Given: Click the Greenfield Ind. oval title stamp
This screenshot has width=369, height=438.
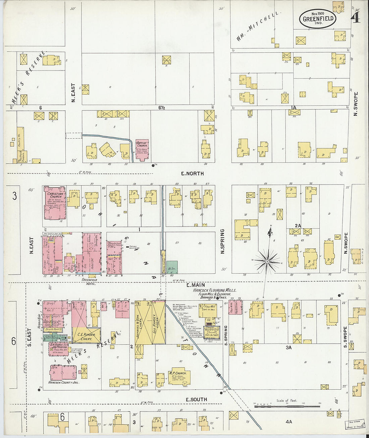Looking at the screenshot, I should tap(318, 18).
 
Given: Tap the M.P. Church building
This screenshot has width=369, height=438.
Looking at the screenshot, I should tap(179, 377).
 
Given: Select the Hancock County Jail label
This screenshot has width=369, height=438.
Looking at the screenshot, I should tap(64, 382).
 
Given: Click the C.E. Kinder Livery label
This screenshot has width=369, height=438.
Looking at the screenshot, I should tap(87, 336).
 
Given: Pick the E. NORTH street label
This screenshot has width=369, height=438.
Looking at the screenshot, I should tap(192, 174).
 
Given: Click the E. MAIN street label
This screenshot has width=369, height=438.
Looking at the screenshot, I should tap(196, 285).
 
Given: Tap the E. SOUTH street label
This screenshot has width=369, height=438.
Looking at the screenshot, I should tap(196, 399).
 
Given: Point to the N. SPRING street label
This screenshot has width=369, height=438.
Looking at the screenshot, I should tap(222, 241).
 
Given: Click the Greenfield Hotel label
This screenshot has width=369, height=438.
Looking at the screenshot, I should tap(89, 282).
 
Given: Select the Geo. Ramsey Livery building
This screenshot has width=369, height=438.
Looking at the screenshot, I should tap(159, 322).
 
